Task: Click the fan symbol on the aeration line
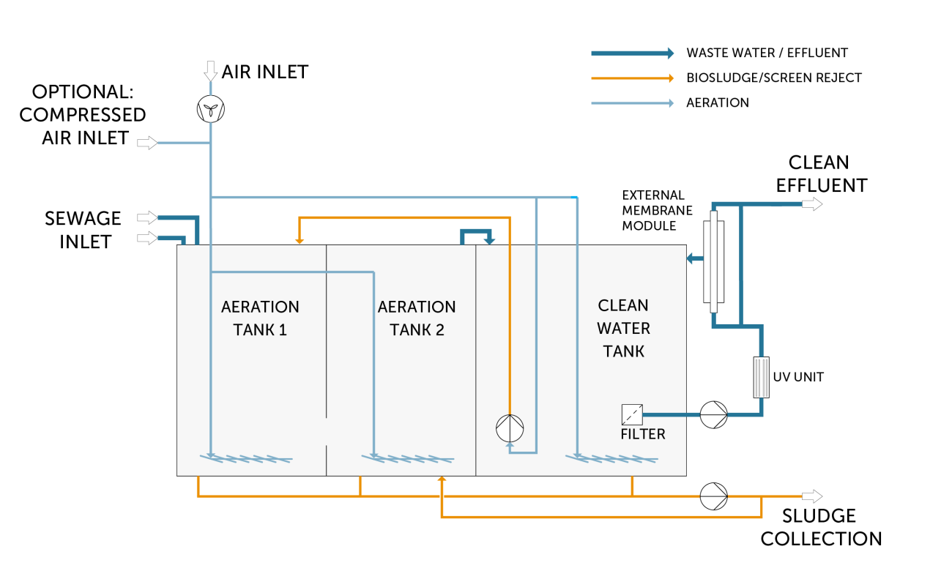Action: pyautogui.click(x=211, y=110)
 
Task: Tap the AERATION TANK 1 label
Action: pyautogui.click(x=260, y=318)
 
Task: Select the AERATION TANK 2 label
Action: pyautogui.click(x=417, y=318)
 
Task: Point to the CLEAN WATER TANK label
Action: pyautogui.click(x=623, y=328)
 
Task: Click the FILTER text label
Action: pyautogui.click(x=643, y=434)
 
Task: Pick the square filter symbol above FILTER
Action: pyautogui.click(x=631, y=415)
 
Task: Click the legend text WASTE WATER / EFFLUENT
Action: pyautogui.click(x=767, y=53)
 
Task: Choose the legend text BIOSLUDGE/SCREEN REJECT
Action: pyautogui.click(x=774, y=78)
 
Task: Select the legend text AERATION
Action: pyautogui.click(x=718, y=102)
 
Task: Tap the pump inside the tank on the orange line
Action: pyautogui.click(x=510, y=428)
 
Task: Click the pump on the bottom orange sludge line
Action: pyautogui.click(x=713, y=496)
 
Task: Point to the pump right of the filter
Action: pyautogui.click(x=713, y=415)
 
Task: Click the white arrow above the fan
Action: pyautogui.click(x=211, y=71)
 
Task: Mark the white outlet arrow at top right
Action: pyautogui.click(x=812, y=204)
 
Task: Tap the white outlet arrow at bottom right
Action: pyautogui.click(x=812, y=496)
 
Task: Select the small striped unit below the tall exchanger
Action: pyautogui.click(x=762, y=377)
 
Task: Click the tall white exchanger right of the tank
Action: pyautogui.click(x=713, y=262)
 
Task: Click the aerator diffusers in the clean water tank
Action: pyautogui.click(x=612, y=459)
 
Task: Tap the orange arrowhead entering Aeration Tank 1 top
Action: pyautogui.click(x=299, y=239)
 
